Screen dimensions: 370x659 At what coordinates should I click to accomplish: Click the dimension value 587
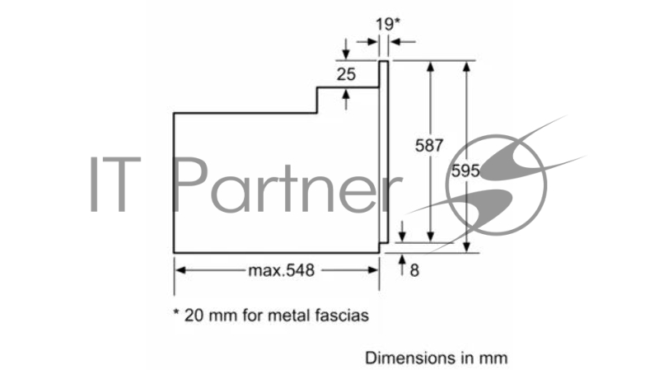click(430, 146)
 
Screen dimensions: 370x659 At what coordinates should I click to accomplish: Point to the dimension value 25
click(346, 75)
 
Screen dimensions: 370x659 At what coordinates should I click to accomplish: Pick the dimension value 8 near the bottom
click(414, 270)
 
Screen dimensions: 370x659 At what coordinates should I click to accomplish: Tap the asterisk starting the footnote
click(176, 313)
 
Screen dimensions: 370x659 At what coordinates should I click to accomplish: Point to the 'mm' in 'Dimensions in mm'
click(496, 358)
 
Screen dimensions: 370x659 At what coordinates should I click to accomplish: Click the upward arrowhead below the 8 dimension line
click(402, 260)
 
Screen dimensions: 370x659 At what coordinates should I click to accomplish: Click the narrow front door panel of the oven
click(383, 152)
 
